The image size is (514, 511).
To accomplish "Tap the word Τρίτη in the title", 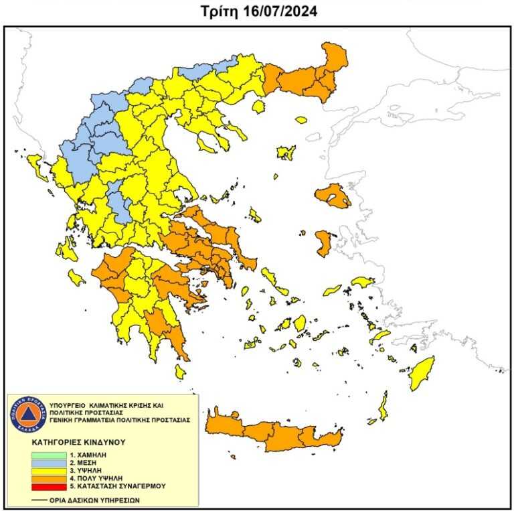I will (x=216, y=11).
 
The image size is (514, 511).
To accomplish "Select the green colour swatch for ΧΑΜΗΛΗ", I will (x=48, y=455).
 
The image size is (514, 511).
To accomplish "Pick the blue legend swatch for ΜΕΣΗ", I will (x=48, y=463).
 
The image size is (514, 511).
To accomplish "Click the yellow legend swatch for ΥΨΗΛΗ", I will (x=48, y=471).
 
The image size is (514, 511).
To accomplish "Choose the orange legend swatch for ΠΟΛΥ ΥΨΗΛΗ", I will (x=48, y=478).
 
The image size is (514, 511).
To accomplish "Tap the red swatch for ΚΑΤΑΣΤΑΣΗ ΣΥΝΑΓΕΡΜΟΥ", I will (x=48, y=486).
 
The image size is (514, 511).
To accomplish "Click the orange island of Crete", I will (x=274, y=432).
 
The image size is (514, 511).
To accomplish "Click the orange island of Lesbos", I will (x=331, y=195).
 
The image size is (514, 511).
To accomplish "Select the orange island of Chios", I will (x=323, y=242).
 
